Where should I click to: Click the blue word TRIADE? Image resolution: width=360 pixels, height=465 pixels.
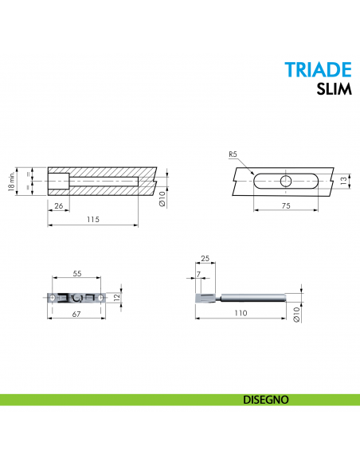tap(318, 70)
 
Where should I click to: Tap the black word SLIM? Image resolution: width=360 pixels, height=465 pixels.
tap(334, 88)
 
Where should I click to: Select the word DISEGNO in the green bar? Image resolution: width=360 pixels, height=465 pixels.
tap(266, 400)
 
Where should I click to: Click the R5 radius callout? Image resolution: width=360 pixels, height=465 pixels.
tap(233, 154)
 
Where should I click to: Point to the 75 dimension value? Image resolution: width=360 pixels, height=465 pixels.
tap(286, 205)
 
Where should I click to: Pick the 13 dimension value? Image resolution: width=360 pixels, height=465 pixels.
tap(344, 181)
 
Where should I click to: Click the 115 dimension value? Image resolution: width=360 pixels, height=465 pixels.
tap(93, 220)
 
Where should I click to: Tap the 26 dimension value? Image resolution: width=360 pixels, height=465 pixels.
tap(59, 205)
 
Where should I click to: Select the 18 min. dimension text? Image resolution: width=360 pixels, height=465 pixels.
tap(11, 182)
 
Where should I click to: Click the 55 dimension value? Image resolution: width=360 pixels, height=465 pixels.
tap(77, 273)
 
